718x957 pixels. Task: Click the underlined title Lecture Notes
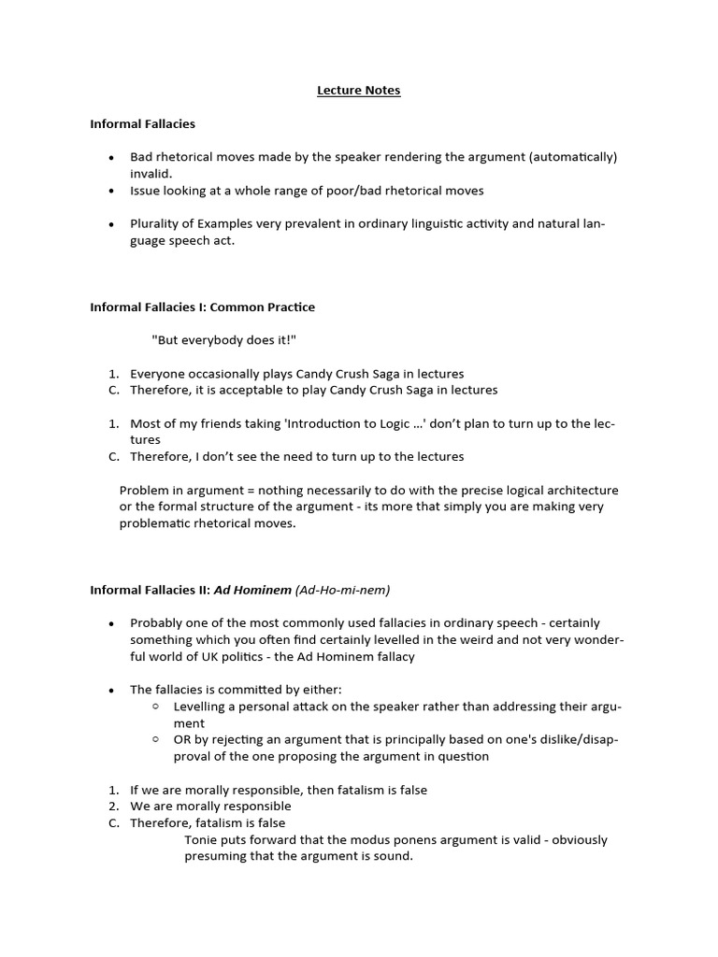click(x=359, y=91)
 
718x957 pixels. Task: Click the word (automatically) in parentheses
click(x=572, y=157)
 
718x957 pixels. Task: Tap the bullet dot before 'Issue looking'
click(x=111, y=191)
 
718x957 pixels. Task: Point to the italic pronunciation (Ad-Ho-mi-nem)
click(x=342, y=590)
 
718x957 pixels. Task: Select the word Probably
click(x=156, y=623)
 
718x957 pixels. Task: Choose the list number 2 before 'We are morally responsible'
click(x=113, y=807)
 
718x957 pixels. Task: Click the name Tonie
click(x=201, y=840)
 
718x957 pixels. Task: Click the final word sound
click(x=393, y=856)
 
